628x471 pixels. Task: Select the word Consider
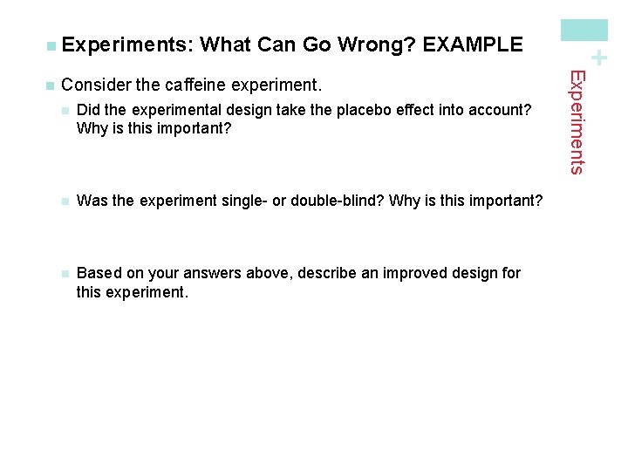97,86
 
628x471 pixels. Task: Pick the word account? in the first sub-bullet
499,109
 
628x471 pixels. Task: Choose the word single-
243,201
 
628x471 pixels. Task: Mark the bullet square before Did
64,110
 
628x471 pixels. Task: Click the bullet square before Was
64,201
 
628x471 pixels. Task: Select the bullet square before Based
64,274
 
